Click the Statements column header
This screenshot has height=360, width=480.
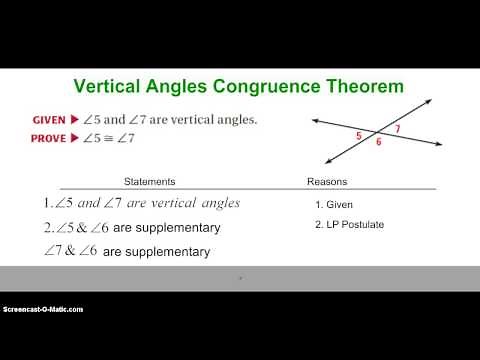149,182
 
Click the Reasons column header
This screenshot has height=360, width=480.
326,182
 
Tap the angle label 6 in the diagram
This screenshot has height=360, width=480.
378,143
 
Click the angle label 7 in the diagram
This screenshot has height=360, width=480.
397,129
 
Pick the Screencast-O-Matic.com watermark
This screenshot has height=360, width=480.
42,309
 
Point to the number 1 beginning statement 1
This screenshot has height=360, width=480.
46,203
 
